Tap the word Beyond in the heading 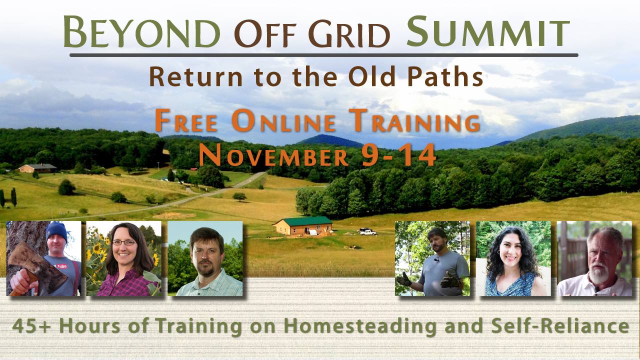[142, 31]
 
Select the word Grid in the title [349, 33]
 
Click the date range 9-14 [398, 154]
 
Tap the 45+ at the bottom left [31, 326]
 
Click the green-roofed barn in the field [303, 225]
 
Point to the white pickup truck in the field [367, 231]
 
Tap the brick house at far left [37, 168]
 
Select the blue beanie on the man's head [56, 231]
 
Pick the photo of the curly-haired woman [513, 258]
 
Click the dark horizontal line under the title [323, 55]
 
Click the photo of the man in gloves [432, 258]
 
